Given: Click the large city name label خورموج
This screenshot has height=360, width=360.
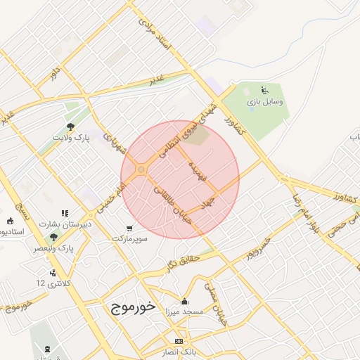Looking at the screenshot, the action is pyautogui.click(x=133, y=307).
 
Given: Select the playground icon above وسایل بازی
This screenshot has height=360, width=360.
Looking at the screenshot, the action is pyautogui.click(x=264, y=90).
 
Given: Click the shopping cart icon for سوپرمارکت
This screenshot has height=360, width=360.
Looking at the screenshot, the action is pyautogui.click(x=129, y=228).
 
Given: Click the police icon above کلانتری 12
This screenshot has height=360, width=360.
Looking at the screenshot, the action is pyautogui.click(x=52, y=273).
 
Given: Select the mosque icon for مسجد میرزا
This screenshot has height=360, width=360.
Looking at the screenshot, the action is pyautogui.click(x=184, y=300).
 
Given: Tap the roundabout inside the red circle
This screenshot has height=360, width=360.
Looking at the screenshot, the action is pyautogui.click(x=141, y=169).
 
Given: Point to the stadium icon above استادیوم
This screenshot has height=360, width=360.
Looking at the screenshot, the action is pyautogui.click(x=18, y=208).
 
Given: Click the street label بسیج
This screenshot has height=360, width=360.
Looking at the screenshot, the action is pyautogui.click(x=27, y=207).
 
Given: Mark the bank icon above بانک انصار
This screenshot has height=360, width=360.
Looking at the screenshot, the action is pyautogui.click(x=178, y=340).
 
